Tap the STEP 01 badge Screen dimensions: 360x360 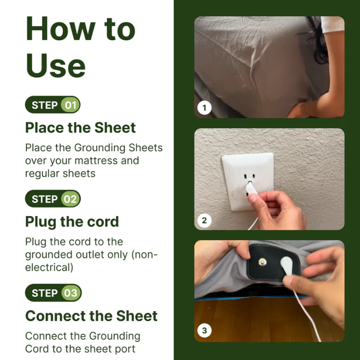pyautogui.click(x=53, y=105)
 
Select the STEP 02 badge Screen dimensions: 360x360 pyautogui.click(x=53, y=199)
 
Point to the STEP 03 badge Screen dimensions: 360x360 pyautogui.click(x=53, y=293)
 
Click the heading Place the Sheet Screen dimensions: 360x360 pyautogui.click(x=80, y=128)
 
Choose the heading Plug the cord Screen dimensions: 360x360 pyautogui.click(x=71, y=222)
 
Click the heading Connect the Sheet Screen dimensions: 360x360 pyautogui.click(x=91, y=316)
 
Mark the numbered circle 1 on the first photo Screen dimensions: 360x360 pyautogui.click(x=204, y=108)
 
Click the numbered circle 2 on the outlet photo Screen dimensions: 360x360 pyautogui.click(x=204, y=221)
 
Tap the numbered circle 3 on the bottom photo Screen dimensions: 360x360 pyautogui.click(x=204, y=331)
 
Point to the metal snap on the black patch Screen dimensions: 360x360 pyautogui.click(x=262, y=262)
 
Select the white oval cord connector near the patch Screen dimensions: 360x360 pyautogui.click(x=287, y=265)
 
